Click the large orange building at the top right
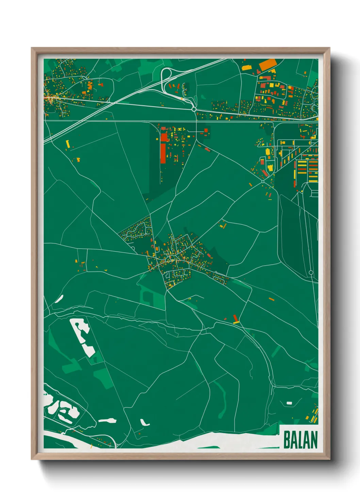[267, 64]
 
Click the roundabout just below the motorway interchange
[194, 109]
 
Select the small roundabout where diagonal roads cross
[263, 182]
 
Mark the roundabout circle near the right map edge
[311, 272]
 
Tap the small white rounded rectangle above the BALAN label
[289, 403]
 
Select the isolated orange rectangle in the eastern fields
[271, 299]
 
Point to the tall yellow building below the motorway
[68, 144]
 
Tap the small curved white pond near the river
[144, 422]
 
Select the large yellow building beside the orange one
[247, 67]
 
